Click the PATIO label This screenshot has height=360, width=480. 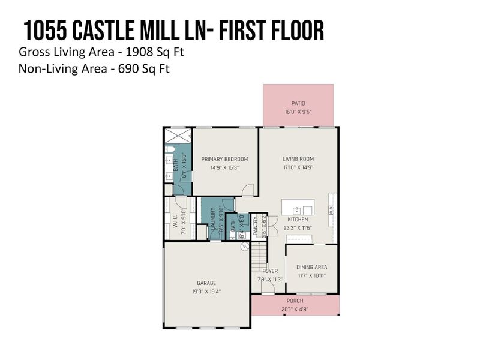pos(298,103)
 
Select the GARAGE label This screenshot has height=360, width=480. pos(206,283)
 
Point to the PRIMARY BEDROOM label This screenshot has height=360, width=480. pos(224,159)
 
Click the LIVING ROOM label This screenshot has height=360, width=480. pos(298,159)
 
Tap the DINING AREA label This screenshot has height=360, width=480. pos(312,267)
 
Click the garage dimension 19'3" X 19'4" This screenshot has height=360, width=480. pos(206,292)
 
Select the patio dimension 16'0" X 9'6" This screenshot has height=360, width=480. pos(298,112)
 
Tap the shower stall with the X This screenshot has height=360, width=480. pos(178,135)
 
